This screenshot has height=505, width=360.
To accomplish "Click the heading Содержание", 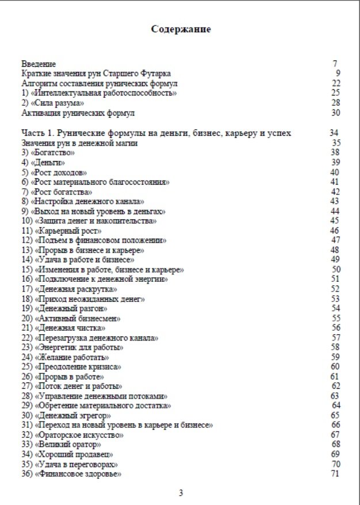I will click(x=181, y=29).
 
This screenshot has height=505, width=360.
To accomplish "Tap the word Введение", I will click(x=38, y=64).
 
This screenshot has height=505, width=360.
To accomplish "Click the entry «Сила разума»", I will click(x=48, y=103).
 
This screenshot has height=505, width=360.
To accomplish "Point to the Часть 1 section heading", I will click(x=156, y=133).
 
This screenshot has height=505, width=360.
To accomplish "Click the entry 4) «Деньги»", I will click(x=43, y=162).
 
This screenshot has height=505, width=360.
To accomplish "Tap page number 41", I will click(x=335, y=182).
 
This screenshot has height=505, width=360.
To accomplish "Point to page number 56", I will click(x=336, y=327).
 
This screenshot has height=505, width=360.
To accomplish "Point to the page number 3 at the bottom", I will click(x=181, y=493).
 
